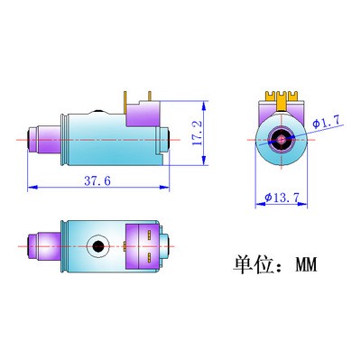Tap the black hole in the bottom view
(x=97, y=245)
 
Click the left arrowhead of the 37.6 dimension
(x=32, y=188)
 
